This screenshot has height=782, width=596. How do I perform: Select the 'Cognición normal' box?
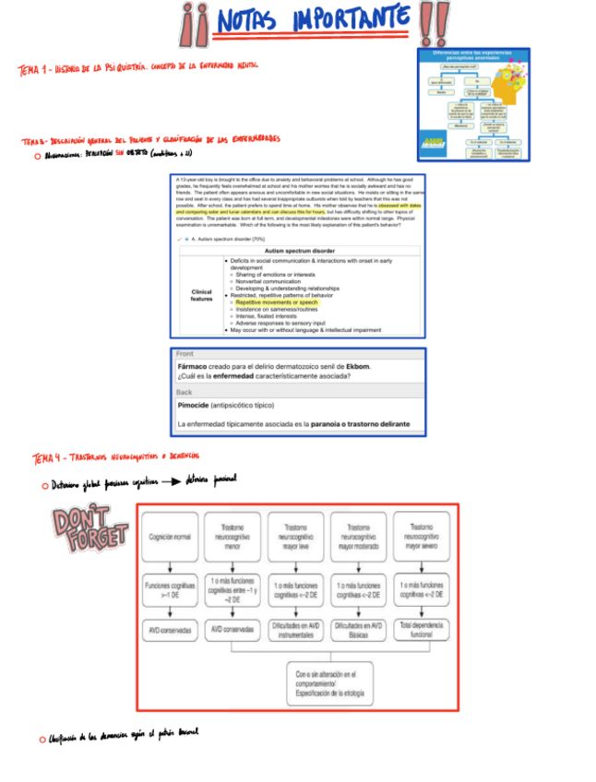(x=170, y=537)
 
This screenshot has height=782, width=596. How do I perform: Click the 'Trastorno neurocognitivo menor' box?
(x=232, y=536)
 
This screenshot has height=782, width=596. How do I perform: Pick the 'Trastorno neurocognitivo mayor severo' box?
(x=422, y=536)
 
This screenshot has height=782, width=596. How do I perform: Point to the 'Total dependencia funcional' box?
(x=422, y=630)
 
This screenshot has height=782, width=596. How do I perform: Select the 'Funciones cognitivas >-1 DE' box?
(x=170, y=591)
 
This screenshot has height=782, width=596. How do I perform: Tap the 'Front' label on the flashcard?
(x=185, y=354)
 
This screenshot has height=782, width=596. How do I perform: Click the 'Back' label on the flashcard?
(x=185, y=392)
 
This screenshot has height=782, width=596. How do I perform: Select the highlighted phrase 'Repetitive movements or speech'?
(x=276, y=302)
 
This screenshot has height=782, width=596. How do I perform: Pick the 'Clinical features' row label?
(x=201, y=294)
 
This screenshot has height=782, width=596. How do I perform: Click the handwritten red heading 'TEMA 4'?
(x=47, y=456)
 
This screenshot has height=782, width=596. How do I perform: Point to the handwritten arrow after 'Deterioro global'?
(x=167, y=480)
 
